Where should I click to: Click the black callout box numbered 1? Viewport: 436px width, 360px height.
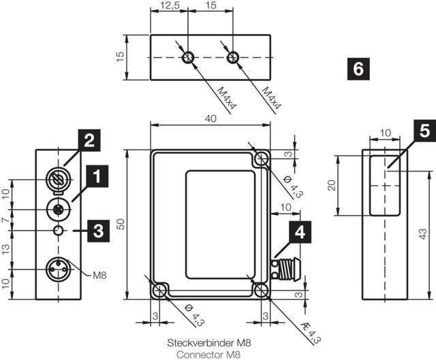point(97,176)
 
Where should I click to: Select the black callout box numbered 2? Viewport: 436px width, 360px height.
point(89,140)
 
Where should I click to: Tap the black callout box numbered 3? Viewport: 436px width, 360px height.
point(98,231)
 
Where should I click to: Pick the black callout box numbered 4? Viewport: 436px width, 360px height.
point(300,232)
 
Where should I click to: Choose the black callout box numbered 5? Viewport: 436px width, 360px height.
point(424,131)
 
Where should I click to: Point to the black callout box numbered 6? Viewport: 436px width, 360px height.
point(358,69)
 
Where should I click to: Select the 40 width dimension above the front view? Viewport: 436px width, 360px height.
point(211,118)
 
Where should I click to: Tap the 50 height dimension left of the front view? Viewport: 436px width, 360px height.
point(121,224)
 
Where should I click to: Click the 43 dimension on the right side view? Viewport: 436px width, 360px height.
point(422,234)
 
